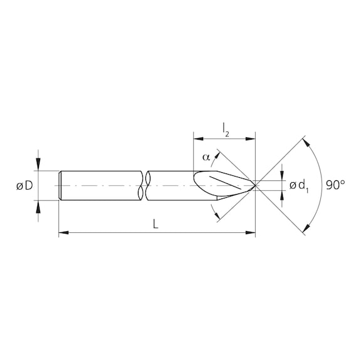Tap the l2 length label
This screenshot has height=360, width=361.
(x=225, y=128)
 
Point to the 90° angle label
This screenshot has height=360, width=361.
(x=336, y=185)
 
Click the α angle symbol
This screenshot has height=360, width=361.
(x=206, y=157)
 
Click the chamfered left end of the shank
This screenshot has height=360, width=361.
(x=60, y=185)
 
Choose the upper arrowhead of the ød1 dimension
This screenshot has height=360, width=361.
(x=283, y=177)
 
